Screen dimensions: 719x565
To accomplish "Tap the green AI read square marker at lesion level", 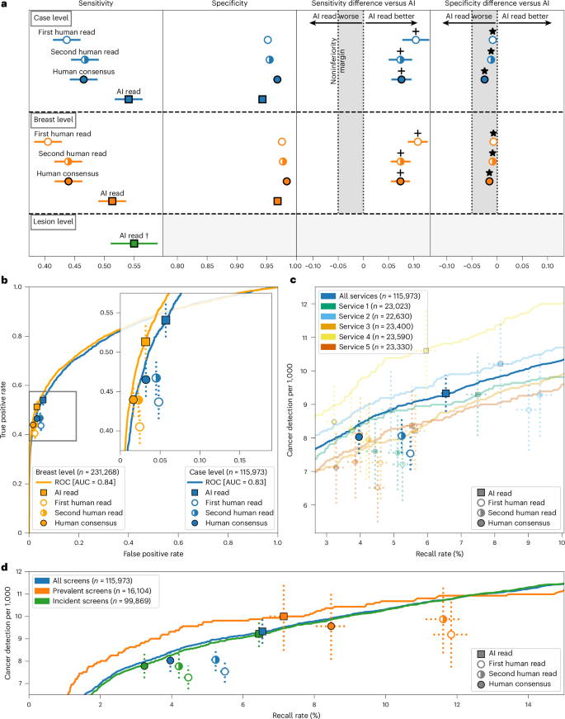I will [134, 244].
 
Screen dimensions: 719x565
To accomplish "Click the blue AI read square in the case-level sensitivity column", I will [129, 99].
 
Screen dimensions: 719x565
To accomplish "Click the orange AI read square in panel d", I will [284, 617].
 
